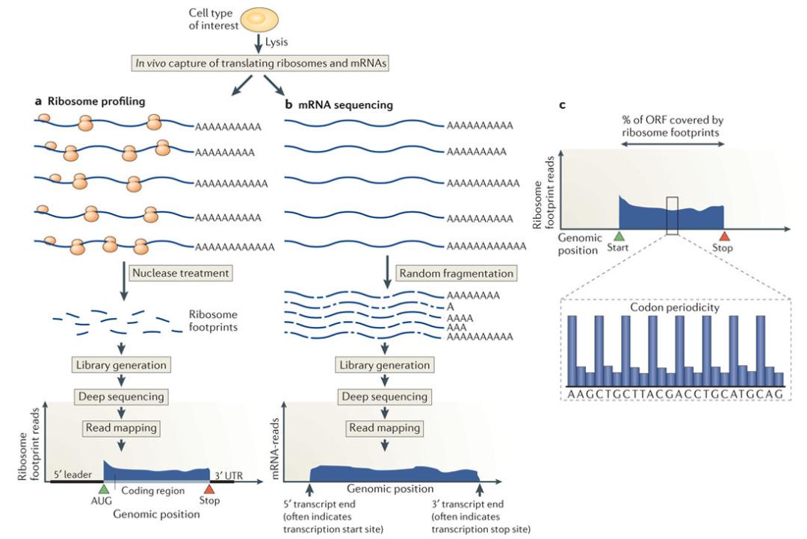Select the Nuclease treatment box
tap(180, 273)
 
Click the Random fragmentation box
tap(456, 273)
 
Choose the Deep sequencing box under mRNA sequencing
tap(384, 397)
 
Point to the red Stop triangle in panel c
tap(723, 237)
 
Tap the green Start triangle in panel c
tap(619, 237)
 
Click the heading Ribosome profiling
tap(96, 102)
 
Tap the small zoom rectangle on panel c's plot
tap(672, 215)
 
